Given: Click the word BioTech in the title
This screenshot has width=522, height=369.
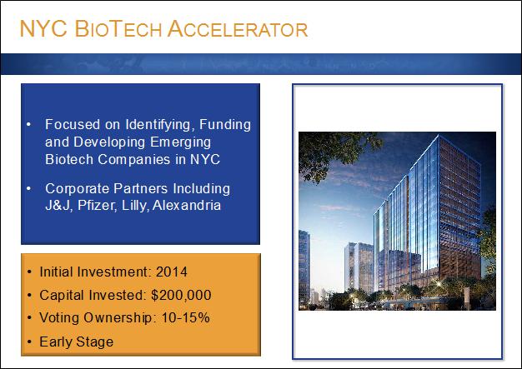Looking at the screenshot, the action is [118, 29].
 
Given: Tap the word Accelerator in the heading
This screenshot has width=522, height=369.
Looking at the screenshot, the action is [238, 29].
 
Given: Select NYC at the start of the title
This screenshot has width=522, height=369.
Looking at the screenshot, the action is [43, 29].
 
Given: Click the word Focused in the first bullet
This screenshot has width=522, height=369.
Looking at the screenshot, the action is [73, 125].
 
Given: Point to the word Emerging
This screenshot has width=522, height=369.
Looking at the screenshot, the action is [180, 142].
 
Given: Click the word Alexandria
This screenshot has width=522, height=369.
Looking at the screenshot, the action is [187, 205].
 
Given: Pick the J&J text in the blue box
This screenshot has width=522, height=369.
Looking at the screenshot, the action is [58, 206].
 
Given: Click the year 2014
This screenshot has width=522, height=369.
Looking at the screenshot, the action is [172, 272].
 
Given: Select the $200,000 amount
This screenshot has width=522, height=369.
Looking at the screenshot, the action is [181, 295].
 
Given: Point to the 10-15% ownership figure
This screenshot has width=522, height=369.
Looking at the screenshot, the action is [185, 318].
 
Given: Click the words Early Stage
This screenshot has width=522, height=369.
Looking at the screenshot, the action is [77, 342].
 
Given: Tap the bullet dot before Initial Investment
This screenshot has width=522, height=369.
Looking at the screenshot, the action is [30, 272].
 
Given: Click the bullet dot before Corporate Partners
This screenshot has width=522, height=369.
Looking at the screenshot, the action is [29, 188].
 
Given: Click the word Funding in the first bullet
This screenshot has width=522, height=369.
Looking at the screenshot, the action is [225, 125].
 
